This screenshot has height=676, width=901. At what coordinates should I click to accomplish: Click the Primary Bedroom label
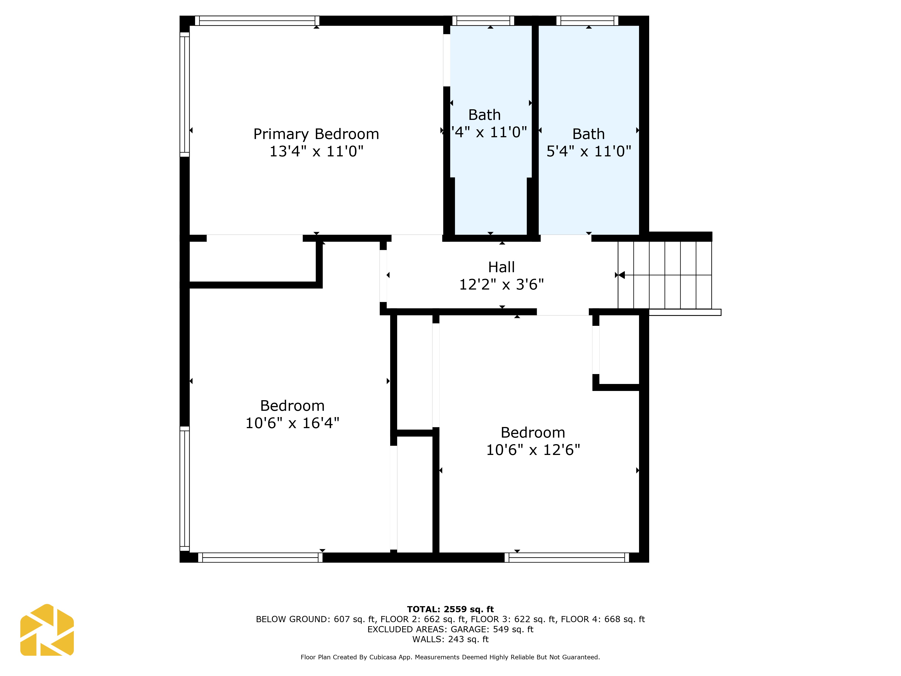(316, 134)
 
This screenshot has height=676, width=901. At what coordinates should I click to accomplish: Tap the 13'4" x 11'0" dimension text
(316, 151)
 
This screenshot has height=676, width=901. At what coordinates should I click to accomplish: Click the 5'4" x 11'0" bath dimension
(589, 151)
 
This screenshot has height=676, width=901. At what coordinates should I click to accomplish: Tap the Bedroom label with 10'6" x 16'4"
(292, 406)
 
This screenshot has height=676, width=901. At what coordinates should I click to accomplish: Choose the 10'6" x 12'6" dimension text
(533, 450)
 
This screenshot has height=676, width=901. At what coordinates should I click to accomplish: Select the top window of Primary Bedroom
(257, 21)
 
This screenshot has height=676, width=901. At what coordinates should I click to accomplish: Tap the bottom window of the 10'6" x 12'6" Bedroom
(567, 557)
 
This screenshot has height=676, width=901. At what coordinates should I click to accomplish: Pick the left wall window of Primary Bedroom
(184, 95)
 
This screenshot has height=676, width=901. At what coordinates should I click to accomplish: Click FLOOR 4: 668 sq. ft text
(603, 619)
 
